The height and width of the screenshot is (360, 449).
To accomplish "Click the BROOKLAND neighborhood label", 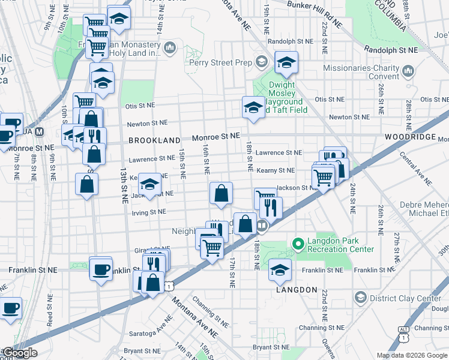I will point(154,140).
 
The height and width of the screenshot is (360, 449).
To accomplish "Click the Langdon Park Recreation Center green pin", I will point(296,244).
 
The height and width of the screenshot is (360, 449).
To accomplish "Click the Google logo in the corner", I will point(20,353).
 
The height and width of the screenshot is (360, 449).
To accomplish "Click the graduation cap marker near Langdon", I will point(280,269).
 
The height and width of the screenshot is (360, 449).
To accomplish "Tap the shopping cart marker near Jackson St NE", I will point(323,176).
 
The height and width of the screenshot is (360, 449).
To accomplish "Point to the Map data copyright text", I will point(412,355).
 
